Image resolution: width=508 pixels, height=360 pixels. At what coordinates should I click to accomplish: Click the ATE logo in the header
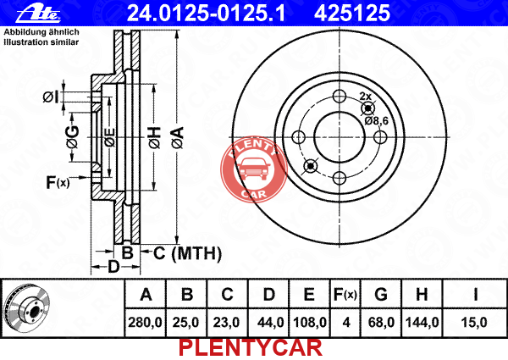pyautogui.click(x=38, y=14)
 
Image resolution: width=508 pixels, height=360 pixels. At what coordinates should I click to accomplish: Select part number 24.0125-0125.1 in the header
pyautogui.click(x=206, y=14)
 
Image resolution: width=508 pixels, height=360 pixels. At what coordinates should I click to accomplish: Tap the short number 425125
pyautogui.click(x=352, y=14)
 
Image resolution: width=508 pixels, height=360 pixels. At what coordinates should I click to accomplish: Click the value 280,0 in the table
pyautogui.click(x=145, y=323)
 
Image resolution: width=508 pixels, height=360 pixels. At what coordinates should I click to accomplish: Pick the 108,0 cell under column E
pyautogui.click(x=310, y=323)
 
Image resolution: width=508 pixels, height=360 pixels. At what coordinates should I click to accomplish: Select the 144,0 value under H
pyautogui.click(x=422, y=323)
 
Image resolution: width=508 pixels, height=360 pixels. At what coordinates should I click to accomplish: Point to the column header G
pyautogui.click(x=381, y=294)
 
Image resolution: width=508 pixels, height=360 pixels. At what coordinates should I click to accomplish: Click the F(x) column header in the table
pyautogui.click(x=345, y=294)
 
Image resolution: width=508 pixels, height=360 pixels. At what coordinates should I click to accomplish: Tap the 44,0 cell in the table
pyautogui.click(x=271, y=323)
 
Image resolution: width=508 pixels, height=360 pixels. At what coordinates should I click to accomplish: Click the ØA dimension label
pyautogui.click(x=178, y=138)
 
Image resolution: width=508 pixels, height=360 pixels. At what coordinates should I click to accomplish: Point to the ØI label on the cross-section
pyautogui.click(x=51, y=97)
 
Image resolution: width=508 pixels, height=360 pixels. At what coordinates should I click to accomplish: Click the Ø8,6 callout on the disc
pyautogui.click(x=376, y=121)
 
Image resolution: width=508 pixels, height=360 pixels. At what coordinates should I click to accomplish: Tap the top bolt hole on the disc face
pyautogui.click(x=340, y=97)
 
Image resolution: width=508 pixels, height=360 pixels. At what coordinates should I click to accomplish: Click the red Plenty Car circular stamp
pyautogui.click(x=254, y=169)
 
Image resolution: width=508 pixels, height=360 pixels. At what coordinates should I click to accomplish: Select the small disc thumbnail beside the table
pyautogui.click(x=27, y=307)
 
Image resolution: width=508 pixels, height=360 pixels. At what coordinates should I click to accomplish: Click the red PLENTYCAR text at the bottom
pyautogui.click(x=251, y=348)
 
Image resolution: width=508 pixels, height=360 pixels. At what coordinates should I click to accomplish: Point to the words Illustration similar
pyautogui.click(x=41, y=42)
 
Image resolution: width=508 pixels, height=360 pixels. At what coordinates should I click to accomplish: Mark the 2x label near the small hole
pyautogui.click(x=365, y=96)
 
